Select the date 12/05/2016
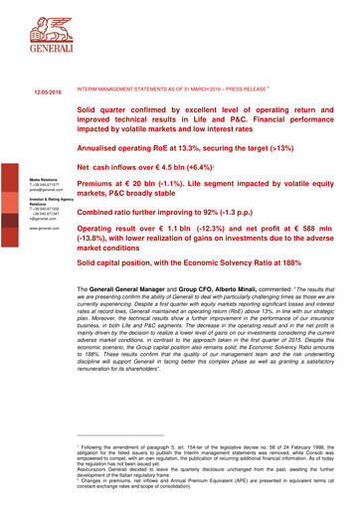(35, 91)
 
